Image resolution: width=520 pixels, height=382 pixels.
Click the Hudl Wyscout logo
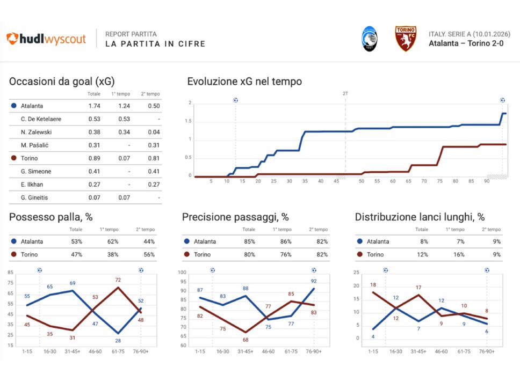pos(46,39)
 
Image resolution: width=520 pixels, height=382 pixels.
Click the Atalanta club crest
pos(369,39)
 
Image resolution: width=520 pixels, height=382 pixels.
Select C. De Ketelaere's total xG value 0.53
pos(94,119)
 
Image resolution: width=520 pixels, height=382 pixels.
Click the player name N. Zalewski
pos(37,132)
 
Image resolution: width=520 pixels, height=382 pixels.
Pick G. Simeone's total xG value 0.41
pos(94,171)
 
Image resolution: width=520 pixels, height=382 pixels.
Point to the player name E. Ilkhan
pos(33,185)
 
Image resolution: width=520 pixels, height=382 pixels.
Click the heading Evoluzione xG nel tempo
pos(244,82)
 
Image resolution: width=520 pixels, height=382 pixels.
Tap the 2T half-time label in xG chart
pos(345,93)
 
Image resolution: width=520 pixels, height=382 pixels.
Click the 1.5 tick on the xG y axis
pos(189,121)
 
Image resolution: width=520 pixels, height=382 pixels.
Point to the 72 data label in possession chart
pos(118,280)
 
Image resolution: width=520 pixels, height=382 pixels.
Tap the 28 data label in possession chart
pos(118,341)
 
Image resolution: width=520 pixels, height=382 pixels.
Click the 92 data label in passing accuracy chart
pos(314,281)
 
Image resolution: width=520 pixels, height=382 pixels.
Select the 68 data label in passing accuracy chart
pos(245,340)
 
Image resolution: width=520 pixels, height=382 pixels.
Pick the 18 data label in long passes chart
pos(373,285)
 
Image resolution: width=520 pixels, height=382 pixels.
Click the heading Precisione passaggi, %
pos(235,217)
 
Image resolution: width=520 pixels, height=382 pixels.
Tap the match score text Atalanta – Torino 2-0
pos(466,43)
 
